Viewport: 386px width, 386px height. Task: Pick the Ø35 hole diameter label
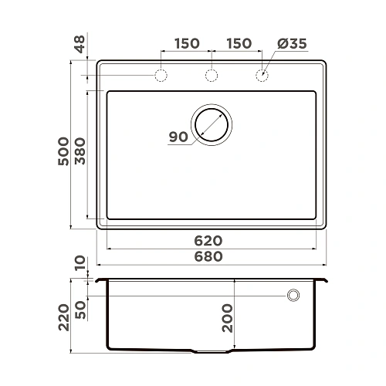click(292, 44)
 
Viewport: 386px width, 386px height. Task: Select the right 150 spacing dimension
click(238, 44)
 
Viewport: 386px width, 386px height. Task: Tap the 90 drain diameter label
click(178, 137)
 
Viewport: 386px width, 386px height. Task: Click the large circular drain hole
click(212, 124)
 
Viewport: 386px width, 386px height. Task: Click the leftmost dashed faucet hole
click(161, 76)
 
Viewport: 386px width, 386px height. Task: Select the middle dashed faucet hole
click(211, 76)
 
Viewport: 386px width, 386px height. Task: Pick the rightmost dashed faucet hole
click(262, 76)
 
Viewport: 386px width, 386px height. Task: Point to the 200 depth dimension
click(226, 317)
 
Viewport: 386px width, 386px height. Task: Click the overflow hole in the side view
click(293, 295)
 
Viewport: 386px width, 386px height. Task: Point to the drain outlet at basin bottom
click(211, 352)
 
